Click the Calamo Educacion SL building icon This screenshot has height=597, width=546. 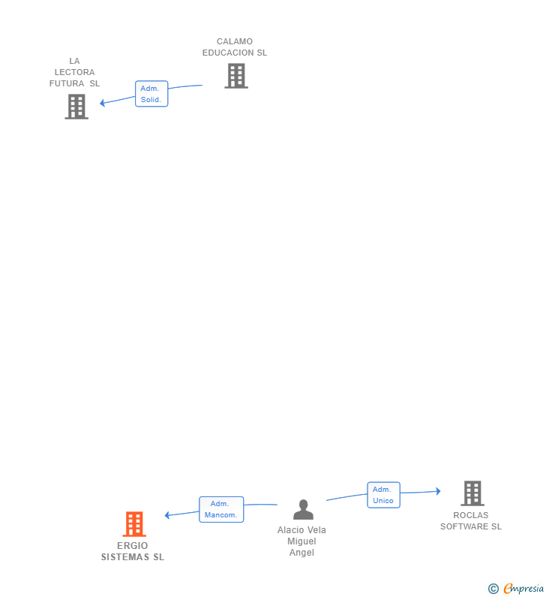click(x=236, y=76)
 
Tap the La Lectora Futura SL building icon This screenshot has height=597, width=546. click(x=76, y=107)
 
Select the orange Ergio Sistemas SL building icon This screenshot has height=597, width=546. click(x=134, y=523)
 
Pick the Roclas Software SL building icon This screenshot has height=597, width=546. click(x=472, y=493)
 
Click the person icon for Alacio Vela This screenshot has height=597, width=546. click(x=303, y=510)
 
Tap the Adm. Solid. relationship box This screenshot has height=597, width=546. click(x=151, y=94)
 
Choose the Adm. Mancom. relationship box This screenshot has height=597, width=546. click(x=221, y=509)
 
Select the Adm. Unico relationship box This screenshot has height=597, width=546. click(x=383, y=495)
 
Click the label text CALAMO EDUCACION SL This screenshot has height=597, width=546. click(x=235, y=47)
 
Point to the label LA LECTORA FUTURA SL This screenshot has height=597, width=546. click(x=74, y=72)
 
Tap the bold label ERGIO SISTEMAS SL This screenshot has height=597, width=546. click(x=133, y=551)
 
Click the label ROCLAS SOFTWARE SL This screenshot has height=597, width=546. click(x=471, y=520)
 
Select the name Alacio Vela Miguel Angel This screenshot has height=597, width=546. click(x=301, y=541)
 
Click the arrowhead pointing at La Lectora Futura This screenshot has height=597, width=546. click(x=103, y=103)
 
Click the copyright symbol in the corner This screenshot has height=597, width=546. click(x=493, y=589)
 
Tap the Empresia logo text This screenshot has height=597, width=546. click(x=523, y=589)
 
